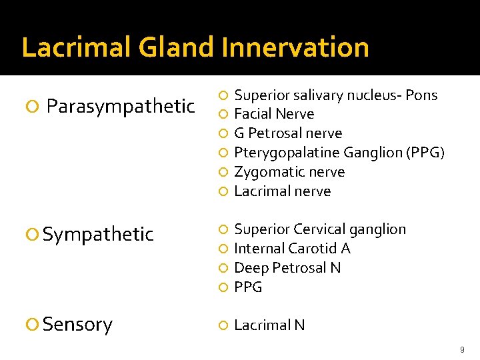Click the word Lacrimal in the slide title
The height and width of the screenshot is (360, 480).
75,48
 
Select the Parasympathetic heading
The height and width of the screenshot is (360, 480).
121,106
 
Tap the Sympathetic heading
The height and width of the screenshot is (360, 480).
98,234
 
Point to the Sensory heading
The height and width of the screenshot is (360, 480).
77,325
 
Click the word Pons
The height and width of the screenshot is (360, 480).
421,95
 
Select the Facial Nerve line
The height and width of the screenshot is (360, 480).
274,114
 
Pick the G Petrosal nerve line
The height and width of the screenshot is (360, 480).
288,133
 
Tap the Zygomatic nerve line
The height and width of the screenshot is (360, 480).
289,172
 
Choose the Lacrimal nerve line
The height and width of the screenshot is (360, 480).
282,191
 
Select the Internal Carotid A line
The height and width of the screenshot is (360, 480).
292,249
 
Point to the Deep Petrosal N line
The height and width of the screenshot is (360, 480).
287,268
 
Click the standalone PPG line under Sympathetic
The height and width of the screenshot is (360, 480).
248,287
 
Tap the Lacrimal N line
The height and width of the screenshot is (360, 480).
269,325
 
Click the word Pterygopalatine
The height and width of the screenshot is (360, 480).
283,153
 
